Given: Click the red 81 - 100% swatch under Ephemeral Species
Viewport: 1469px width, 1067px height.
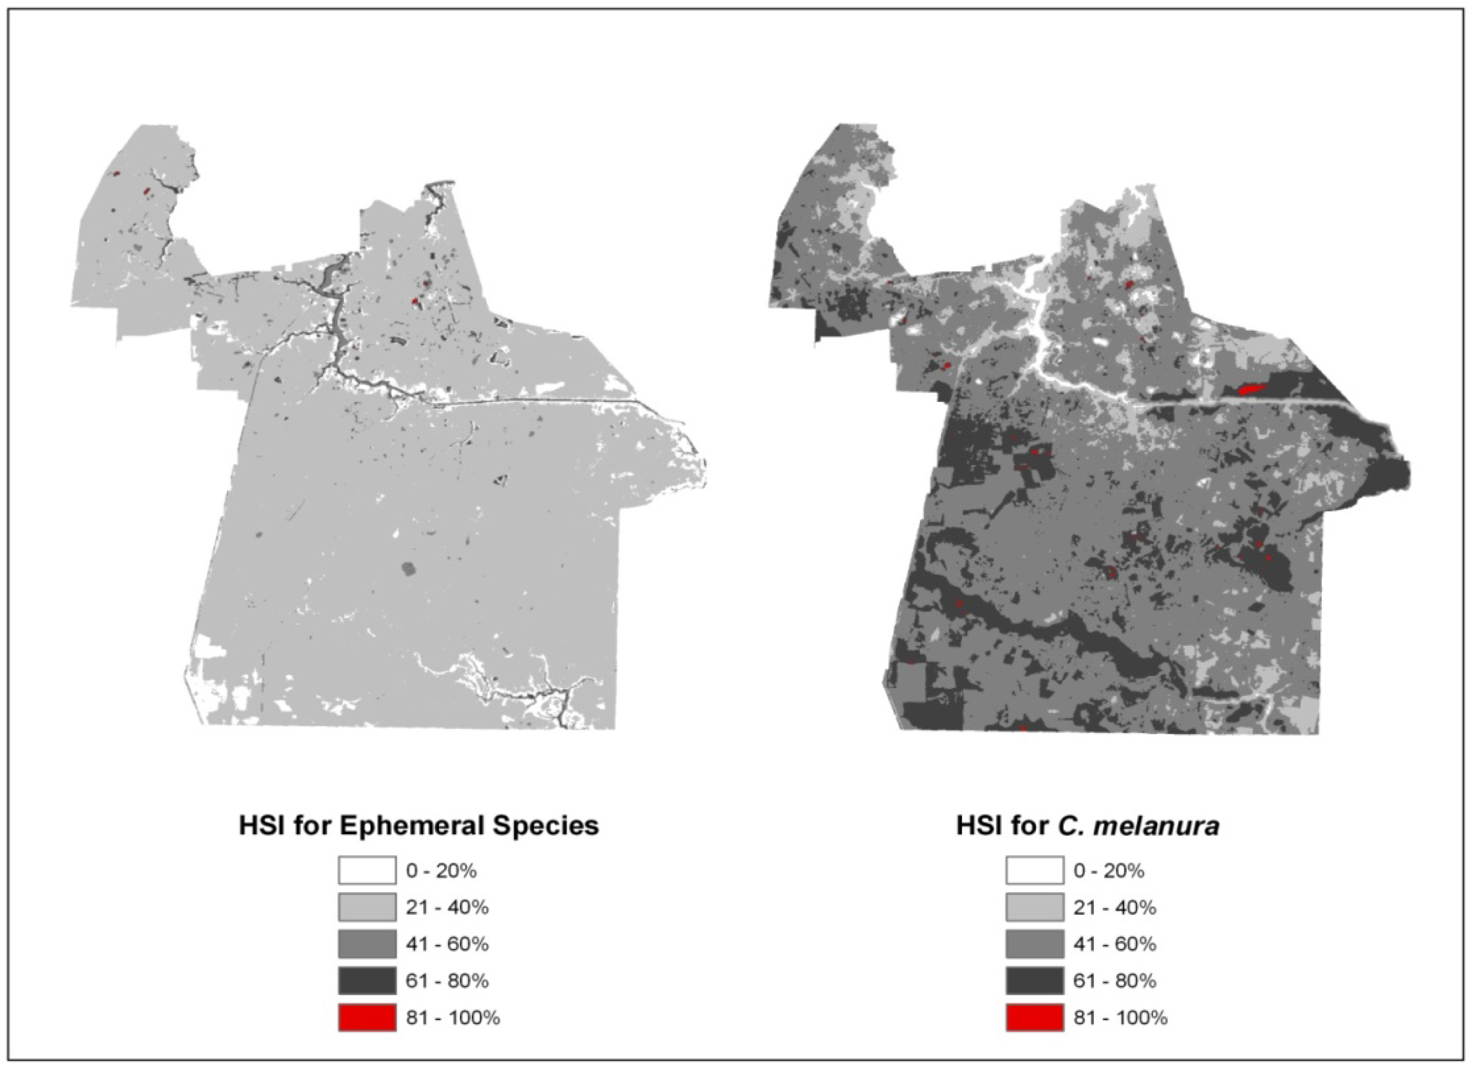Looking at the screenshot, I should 367,1018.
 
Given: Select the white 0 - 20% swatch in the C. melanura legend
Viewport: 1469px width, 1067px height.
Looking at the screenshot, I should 1034,870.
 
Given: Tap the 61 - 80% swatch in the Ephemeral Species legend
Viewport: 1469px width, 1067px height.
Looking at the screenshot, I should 367,981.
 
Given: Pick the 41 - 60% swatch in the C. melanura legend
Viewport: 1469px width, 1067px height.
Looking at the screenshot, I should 1034,944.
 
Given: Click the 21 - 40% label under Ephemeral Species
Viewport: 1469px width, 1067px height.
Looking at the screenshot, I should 447,908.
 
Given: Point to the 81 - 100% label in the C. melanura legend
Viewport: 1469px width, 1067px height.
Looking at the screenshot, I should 1120,1018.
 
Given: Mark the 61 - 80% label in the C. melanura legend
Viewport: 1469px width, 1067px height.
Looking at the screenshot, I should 1115,981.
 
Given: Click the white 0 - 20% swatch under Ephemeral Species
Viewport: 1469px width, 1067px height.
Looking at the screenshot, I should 367,870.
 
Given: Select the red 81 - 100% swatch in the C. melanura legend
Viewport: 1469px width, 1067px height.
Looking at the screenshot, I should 1034,1018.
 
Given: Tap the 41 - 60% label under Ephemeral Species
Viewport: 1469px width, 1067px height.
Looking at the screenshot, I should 447,944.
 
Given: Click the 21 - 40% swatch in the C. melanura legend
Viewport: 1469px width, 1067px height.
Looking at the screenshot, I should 1034,907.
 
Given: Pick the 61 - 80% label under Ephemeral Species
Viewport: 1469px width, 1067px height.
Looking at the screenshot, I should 447,981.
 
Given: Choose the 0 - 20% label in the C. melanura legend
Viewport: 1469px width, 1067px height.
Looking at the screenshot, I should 1109,871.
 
